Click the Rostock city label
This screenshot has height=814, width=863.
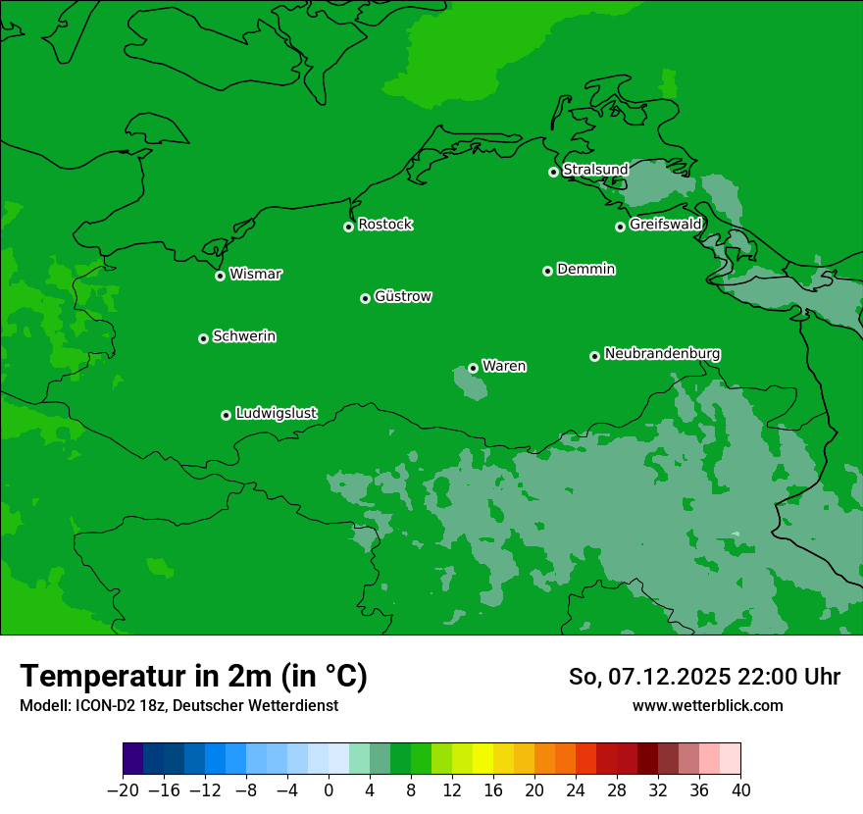pos(384,225)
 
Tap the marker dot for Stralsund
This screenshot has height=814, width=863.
pos(553,172)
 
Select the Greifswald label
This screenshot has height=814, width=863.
pos(665,225)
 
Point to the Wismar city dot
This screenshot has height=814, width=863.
pos(221,276)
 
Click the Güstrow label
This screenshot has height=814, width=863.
pos(402,296)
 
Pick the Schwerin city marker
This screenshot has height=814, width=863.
pos(203,338)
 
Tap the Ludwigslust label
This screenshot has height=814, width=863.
pos(276,414)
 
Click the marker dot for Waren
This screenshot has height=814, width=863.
pos(473,368)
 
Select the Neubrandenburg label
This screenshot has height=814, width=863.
pos(662,354)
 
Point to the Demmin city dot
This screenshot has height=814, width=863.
pos(547,271)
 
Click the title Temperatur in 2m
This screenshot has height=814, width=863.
pos(193,677)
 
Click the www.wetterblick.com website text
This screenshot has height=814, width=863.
pos(707,706)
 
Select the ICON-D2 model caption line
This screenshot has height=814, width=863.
pos(178,706)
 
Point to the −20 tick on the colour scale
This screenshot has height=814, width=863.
pos(123,790)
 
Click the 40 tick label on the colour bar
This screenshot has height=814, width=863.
pos(740,790)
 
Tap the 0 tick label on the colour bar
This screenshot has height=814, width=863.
pos(329,790)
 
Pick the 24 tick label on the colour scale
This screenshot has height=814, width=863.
pos(576,790)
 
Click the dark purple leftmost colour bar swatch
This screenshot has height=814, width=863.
pos(133,758)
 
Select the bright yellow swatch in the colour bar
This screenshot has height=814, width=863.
pos(482,758)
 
